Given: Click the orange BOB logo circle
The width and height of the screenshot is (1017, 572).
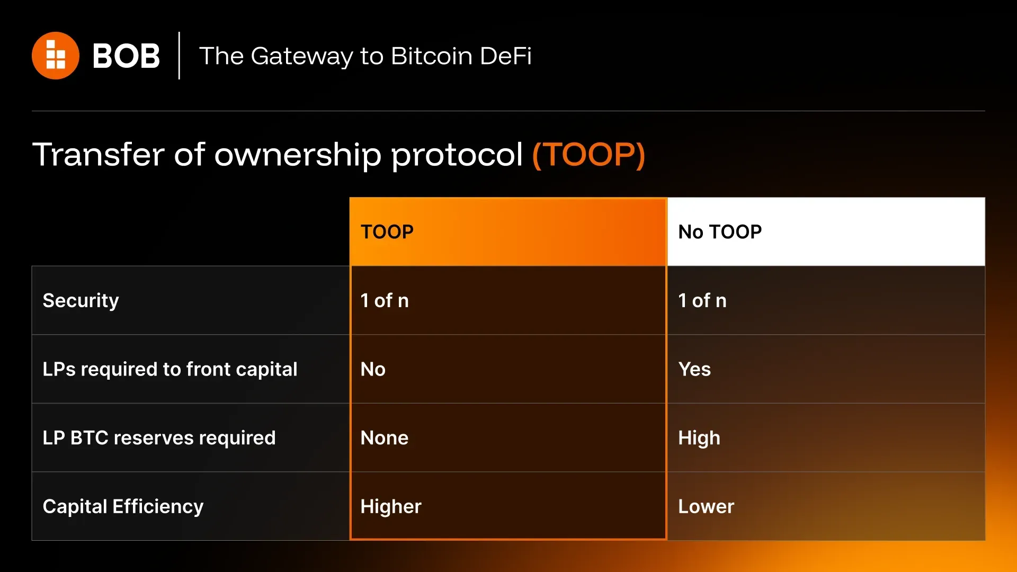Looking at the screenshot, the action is (56, 56).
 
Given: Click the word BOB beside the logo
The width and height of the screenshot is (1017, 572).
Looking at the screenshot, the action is (126, 56).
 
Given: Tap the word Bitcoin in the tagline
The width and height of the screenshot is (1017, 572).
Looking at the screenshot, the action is (431, 56).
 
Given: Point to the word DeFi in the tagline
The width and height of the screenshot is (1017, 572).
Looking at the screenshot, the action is (506, 56).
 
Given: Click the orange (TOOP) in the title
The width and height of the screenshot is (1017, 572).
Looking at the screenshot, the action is (588, 155).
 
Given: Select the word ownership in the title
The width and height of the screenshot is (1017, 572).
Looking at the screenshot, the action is (297, 155).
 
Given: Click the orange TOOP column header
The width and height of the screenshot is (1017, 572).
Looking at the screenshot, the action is (508, 231).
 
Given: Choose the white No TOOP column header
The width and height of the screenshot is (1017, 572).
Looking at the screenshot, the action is (826, 231).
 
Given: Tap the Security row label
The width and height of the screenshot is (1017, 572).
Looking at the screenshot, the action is (81, 301).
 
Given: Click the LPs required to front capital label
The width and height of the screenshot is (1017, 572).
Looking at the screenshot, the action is (170, 369).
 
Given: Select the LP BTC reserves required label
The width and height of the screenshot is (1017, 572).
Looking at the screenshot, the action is (159, 438).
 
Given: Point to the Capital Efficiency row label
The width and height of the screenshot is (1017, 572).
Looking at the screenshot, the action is (123, 507).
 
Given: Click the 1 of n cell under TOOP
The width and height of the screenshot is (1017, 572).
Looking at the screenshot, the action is (385, 301).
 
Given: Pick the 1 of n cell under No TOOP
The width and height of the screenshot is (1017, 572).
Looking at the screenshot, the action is (702, 301).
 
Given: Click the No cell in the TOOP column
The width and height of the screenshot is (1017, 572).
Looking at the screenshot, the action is (373, 369).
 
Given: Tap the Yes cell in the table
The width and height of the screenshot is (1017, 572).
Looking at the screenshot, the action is (694, 369).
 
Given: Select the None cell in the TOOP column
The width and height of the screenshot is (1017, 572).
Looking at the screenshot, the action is (385, 438).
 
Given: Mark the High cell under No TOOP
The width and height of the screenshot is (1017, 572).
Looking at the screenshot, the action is (699, 438).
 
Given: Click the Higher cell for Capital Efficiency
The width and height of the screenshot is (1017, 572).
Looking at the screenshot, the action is (391, 507).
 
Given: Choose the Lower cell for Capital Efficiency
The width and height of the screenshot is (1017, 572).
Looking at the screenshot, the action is (706, 507).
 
